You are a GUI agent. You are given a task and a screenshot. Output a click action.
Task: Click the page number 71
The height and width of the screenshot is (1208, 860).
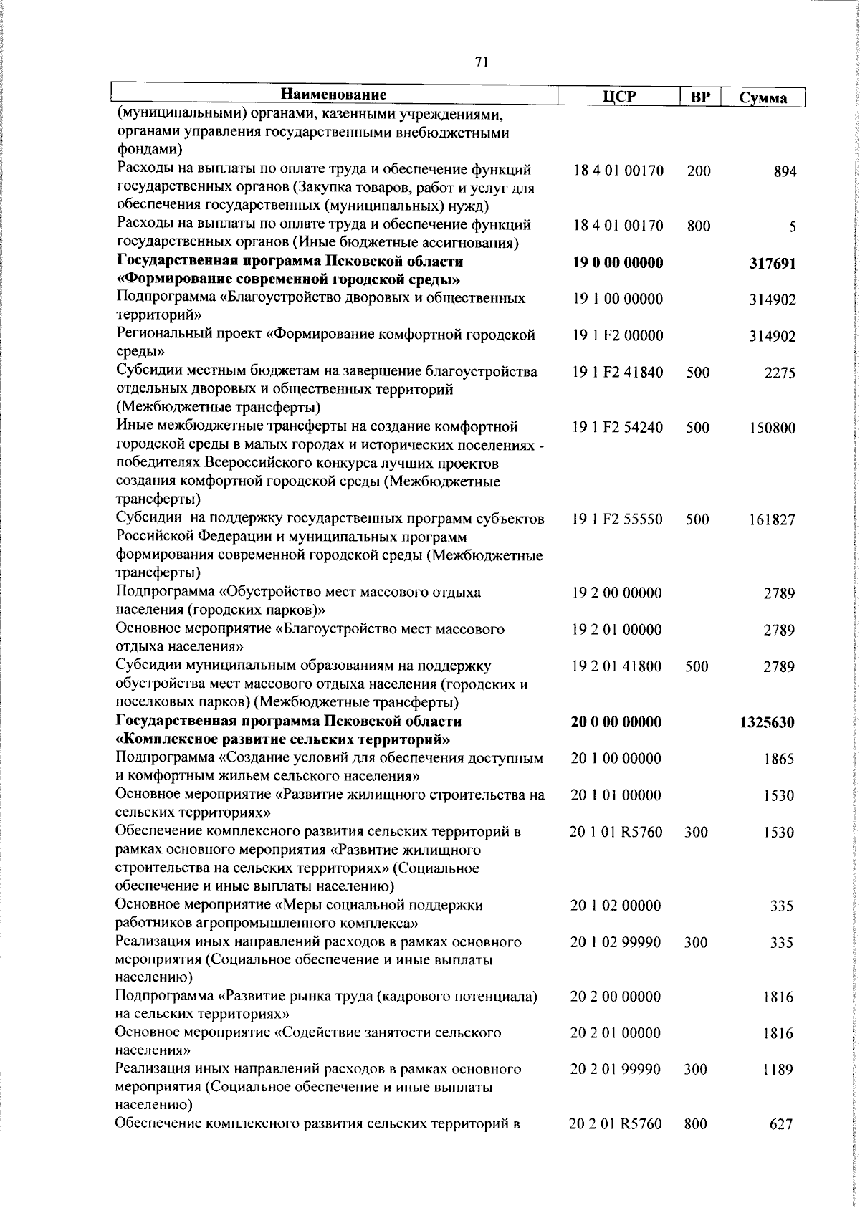click(x=482, y=62)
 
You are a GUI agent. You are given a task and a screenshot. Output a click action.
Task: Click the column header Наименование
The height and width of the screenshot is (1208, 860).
click(x=333, y=95)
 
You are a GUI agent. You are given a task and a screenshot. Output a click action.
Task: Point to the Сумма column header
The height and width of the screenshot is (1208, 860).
click(x=763, y=98)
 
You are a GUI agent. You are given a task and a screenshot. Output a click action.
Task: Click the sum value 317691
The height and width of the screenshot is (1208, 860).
click(x=773, y=264)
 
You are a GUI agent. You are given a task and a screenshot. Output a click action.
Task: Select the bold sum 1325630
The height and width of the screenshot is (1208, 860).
click(x=767, y=723)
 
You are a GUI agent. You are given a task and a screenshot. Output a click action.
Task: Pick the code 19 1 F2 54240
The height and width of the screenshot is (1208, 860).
click(x=618, y=428)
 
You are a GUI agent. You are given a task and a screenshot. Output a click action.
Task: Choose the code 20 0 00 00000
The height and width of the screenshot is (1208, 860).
click(x=616, y=722)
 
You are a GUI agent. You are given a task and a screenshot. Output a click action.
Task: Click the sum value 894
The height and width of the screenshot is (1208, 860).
click(x=785, y=172)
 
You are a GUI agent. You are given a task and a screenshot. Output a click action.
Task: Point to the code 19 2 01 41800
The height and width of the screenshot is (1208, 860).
click(x=617, y=667)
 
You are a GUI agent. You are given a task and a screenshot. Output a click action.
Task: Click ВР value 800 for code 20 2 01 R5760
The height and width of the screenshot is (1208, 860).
click(x=696, y=1125)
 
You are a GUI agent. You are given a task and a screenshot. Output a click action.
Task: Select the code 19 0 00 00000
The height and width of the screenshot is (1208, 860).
click(x=618, y=263)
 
